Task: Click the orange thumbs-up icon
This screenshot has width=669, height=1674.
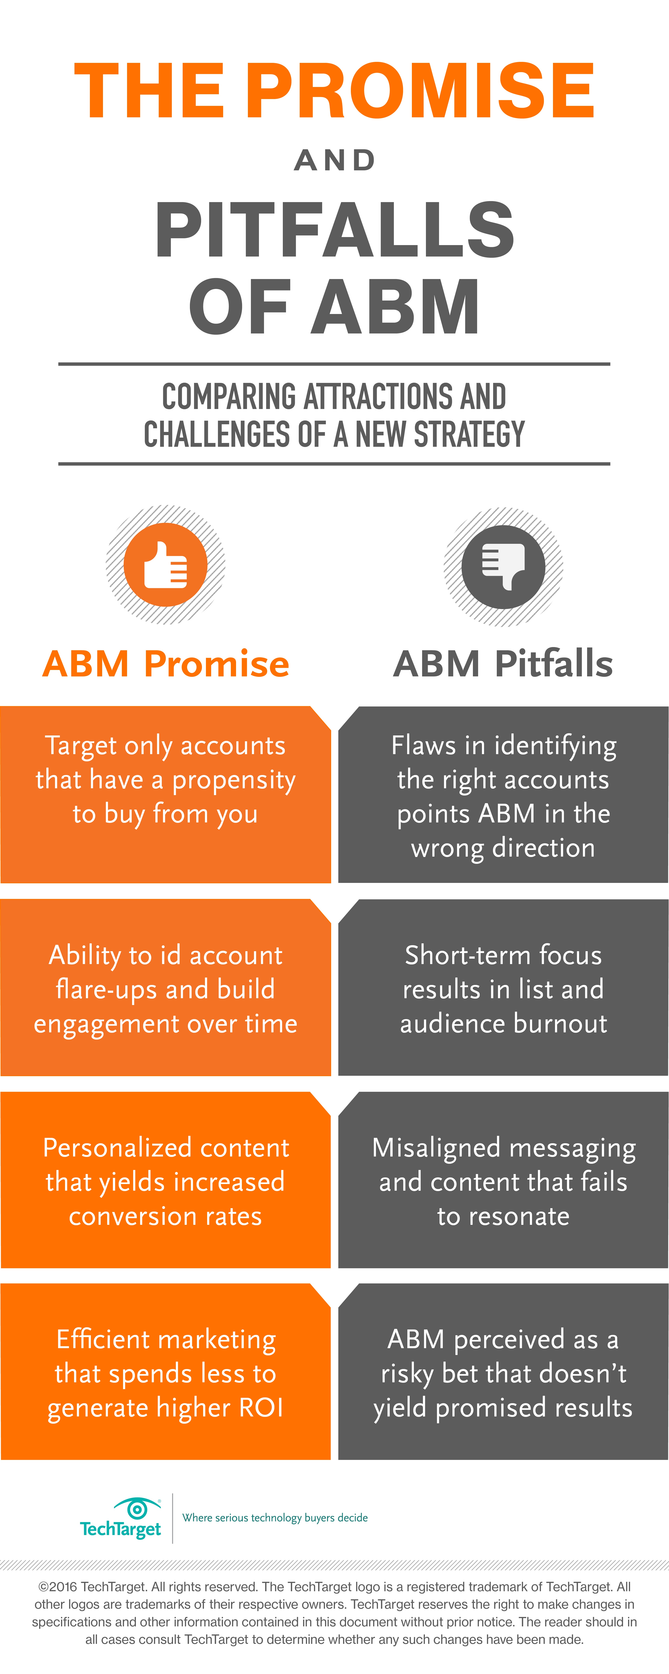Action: [166, 565]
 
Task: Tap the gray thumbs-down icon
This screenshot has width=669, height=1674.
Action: [503, 567]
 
